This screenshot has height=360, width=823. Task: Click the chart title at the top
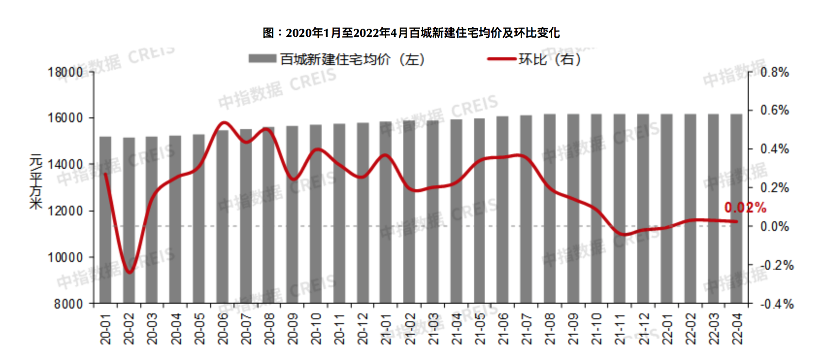[411, 33]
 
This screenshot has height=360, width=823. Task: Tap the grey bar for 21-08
[549, 209]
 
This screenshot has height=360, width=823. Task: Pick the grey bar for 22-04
[736, 209]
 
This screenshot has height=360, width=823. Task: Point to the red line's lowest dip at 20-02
[129, 272]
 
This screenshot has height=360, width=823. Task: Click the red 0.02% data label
[745, 208]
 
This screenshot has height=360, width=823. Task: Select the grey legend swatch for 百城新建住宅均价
[262, 59]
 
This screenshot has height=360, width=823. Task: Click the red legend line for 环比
[501, 59]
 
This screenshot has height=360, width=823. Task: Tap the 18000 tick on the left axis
[65, 72]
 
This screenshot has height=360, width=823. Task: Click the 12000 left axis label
[65, 211]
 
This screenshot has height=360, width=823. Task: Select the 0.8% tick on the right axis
[774, 72]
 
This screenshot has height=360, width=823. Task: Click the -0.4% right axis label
[776, 304]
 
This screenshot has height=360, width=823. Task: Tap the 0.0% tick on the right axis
[774, 227]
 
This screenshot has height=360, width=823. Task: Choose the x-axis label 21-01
[386, 328]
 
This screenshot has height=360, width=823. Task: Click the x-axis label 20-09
[292, 328]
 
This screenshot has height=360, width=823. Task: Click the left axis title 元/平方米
[36, 182]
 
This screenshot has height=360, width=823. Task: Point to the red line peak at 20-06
[223, 122]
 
